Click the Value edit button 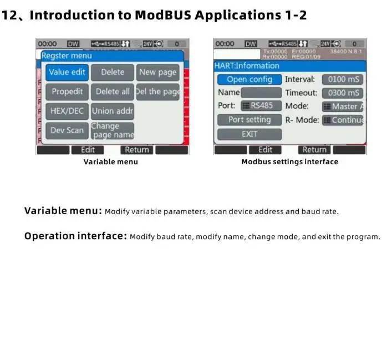(x=67, y=72)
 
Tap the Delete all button (x=113, y=92)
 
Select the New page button (x=157, y=72)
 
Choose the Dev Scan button (x=67, y=130)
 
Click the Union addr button (x=113, y=111)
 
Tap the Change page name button (x=113, y=130)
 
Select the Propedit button (x=67, y=92)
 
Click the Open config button (x=249, y=79)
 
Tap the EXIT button (x=249, y=134)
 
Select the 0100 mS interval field (x=343, y=79)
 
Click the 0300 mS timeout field (x=343, y=93)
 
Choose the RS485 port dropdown (x=262, y=105)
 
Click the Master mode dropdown (x=343, y=107)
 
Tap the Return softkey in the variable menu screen (x=136, y=150)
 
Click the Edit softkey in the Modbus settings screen (x=265, y=150)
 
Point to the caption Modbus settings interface (x=289, y=162)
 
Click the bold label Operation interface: (x=75, y=236)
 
